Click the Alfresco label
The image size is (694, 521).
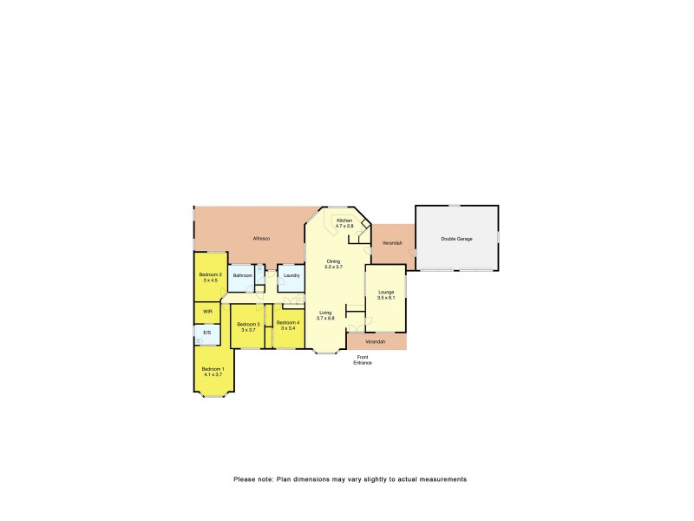click(261, 238)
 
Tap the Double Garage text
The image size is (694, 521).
click(456, 238)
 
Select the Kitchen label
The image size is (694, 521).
click(344, 221)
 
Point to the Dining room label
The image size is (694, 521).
click(333, 260)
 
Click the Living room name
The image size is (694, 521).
click(325, 313)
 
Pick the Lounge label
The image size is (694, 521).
click(386, 293)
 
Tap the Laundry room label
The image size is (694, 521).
click(291, 275)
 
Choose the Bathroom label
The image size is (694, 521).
click(242, 275)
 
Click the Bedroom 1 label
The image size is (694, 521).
click(213, 370)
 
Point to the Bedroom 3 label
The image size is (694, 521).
click(247, 325)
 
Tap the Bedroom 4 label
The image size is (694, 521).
click(287, 322)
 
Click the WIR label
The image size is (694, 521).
click(207, 311)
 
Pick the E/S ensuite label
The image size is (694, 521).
click(206, 333)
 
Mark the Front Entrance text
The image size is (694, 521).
click(363, 359)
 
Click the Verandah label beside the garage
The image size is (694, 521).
click(392, 243)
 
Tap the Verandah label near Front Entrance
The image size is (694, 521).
click(375, 342)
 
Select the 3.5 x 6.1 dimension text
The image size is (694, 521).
click(386, 298)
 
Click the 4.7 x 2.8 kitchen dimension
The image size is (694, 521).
click(344, 226)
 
